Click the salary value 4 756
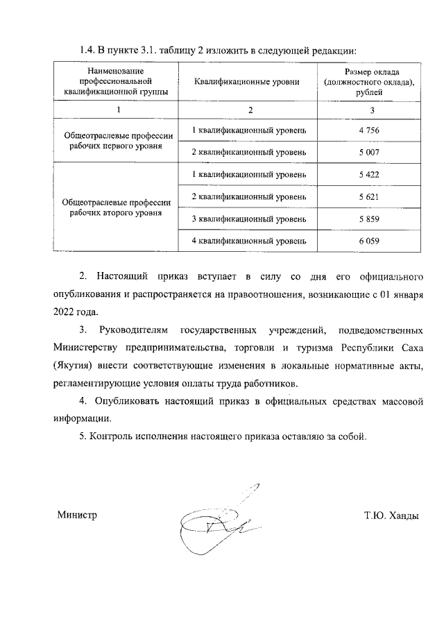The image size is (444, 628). click(x=369, y=130)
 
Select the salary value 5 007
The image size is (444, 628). click(x=369, y=152)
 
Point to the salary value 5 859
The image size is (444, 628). click(x=369, y=219)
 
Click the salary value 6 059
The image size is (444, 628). click(x=369, y=241)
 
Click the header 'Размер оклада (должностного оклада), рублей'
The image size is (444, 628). click(x=370, y=82)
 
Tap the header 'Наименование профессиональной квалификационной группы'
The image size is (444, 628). click(x=116, y=82)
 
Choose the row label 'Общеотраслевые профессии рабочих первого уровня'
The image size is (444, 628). click(x=116, y=142)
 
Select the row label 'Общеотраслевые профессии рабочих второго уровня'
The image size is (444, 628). click(x=116, y=207)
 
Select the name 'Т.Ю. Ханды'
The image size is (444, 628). click(x=392, y=515)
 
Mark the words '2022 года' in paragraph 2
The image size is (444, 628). click(x=76, y=312)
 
